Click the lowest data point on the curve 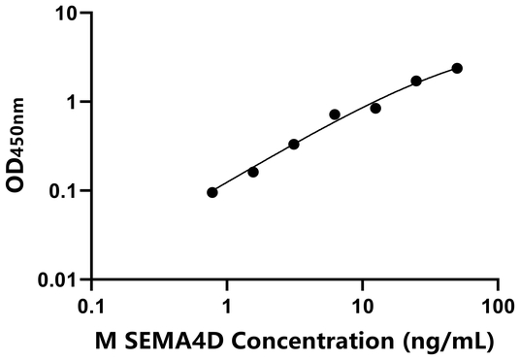coord(212,192)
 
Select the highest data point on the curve coord(457,68)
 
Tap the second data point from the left coord(253,172)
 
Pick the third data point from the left coord(294,144)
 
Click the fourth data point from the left coord(335,115)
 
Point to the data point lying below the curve coord(375,108)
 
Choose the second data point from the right coord(416,81)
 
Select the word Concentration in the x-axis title coord(301,341)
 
